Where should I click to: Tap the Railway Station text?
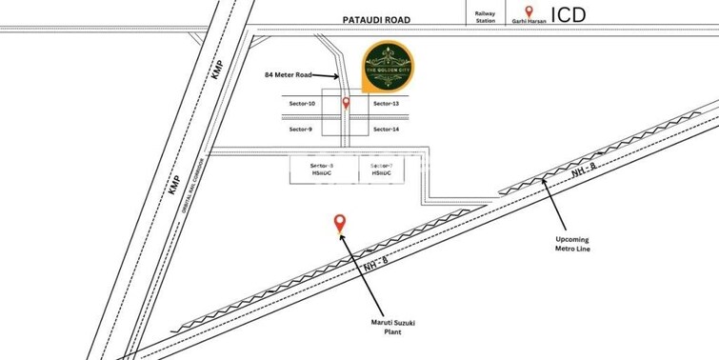click(481, 15)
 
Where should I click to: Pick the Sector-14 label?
click(385, 129)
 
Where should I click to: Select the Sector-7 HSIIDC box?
click(372, 170)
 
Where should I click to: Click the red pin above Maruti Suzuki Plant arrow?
click(339, 223)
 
